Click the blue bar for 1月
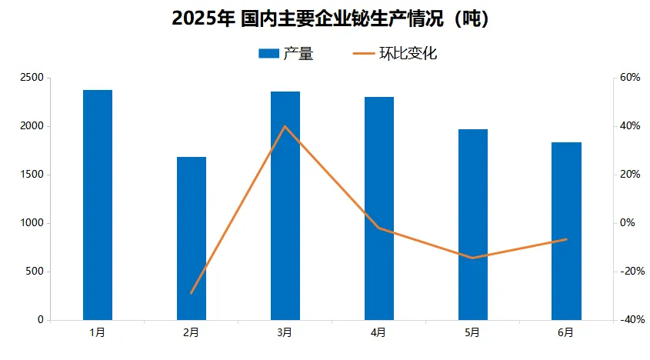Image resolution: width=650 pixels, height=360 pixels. click(x=98, y=205)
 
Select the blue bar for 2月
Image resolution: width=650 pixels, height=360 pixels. click(x=192, y=238)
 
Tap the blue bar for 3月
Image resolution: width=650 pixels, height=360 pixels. click(x=285, y=205)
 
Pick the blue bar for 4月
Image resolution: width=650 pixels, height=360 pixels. click(x=379, y=208)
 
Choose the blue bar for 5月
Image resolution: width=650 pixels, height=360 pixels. click(x=473, y=225)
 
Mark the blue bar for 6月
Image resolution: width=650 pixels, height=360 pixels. click(x=567, y=231)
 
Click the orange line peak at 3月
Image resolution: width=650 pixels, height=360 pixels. click(x=285, y=126)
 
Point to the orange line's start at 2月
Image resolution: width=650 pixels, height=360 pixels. click(x=192, y=293)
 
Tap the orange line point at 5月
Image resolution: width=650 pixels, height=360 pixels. click(x=473, y=258)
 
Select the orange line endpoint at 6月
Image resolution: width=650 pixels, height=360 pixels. click(x=567, y=239)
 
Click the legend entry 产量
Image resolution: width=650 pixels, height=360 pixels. click(x=286, y=54)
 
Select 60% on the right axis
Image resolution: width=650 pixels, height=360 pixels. click(x=631, y=78)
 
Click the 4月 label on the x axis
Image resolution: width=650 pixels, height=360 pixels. click(x=378, y=333)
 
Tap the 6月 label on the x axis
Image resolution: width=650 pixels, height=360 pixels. click(x=566, y=333)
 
